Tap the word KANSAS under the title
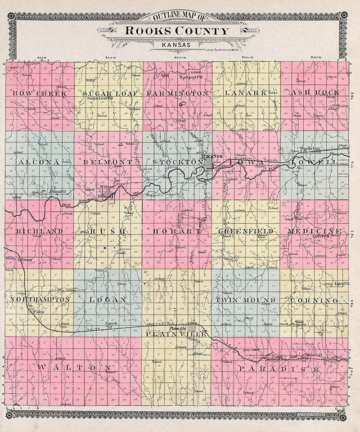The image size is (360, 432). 177,45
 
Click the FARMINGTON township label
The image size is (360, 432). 177,93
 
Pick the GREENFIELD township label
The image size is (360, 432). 246,231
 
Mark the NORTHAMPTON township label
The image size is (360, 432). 40,299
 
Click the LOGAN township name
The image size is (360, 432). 108,299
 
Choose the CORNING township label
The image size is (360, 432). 314,300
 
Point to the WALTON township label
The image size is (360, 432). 74,368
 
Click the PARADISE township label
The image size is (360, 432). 279,369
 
